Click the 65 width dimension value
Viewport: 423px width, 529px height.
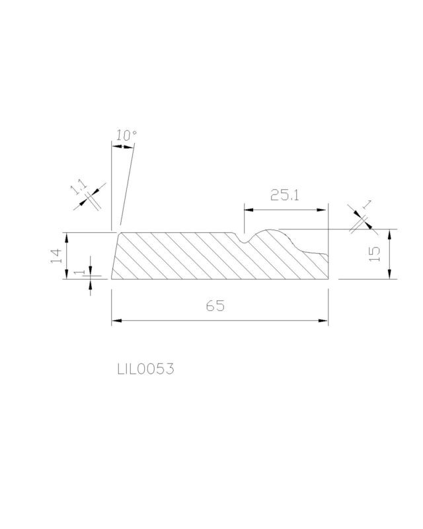215,305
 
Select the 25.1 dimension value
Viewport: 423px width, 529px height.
285,195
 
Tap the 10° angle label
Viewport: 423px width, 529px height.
126,136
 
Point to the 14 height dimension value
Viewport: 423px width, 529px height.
57,256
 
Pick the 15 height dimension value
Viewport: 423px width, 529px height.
375,254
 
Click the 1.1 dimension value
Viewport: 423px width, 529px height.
79,187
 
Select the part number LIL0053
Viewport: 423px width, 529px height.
145,369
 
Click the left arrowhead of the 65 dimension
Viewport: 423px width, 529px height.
117,321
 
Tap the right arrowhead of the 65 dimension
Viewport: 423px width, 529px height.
323,321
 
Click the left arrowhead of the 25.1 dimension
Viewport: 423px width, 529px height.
249,210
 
